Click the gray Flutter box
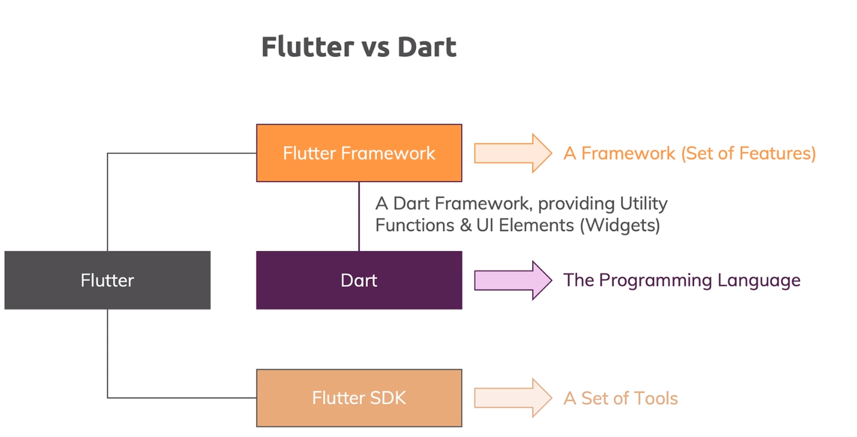[x=107, y=280]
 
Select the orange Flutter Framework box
[x=359, y=153]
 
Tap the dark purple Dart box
[x=359, y=280]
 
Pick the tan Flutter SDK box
[x=359, y=398]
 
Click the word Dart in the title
[x=427, y=47]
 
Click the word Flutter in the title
[x=306, y=47]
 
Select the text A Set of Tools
[x=621, y=398]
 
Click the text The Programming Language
[x=682, y=280]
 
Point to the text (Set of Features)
[x=748, y=153]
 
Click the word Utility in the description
[x=642, y=204]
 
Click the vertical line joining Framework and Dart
[x=359, y=216]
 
